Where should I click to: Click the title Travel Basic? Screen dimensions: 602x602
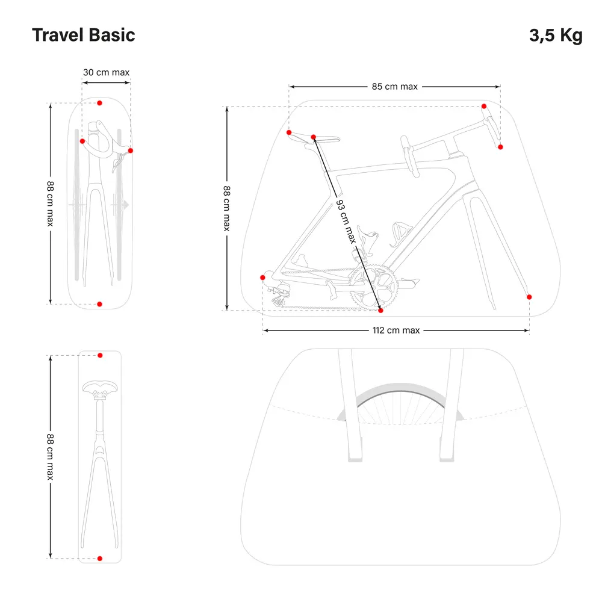click(83, 35)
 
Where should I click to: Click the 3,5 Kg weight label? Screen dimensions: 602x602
click(556, 35)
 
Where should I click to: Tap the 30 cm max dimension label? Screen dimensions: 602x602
click(106, 73)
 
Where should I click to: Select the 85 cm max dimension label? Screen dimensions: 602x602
click(394, 86)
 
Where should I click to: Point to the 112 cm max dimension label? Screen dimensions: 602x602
click(396, 330)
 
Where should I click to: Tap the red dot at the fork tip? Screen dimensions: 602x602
click(529, 297)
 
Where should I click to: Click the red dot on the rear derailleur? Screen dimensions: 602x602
click(262, 277)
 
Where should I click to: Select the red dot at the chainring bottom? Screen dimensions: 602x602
click(380, 311)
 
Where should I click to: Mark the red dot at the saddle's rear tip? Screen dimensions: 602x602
click(289, 132)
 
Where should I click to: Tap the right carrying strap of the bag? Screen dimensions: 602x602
click(449, 409)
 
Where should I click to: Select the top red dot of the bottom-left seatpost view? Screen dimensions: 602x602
click(100, 355)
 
